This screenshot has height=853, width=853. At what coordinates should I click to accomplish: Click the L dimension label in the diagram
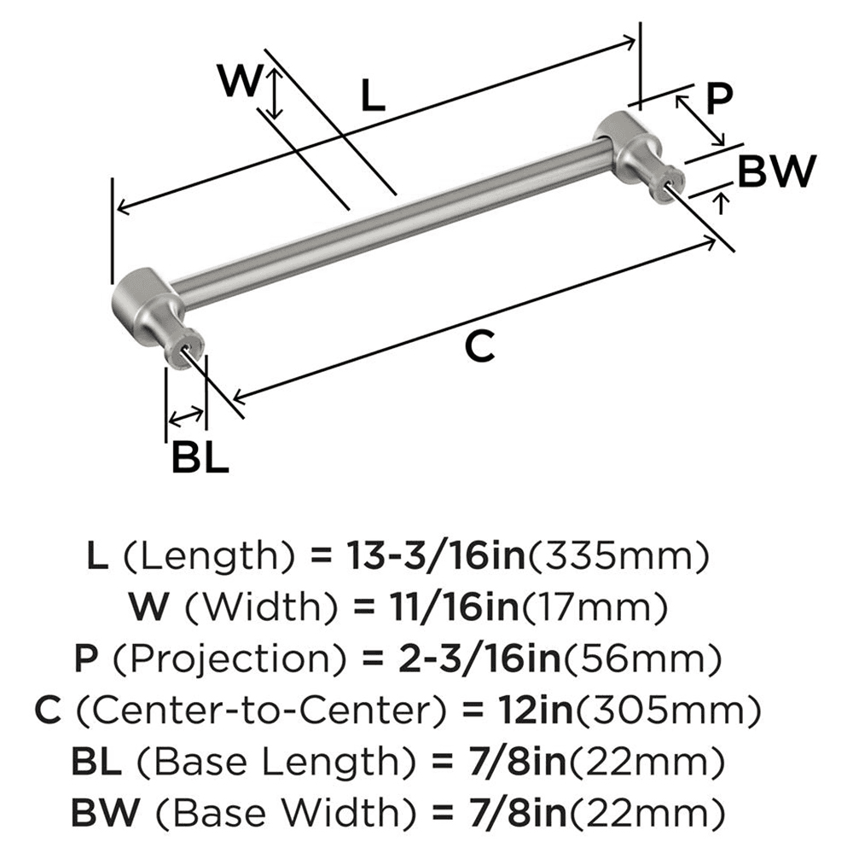[x=372, y=96]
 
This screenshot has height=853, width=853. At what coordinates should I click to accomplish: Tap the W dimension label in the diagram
[x=239, y=82]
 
